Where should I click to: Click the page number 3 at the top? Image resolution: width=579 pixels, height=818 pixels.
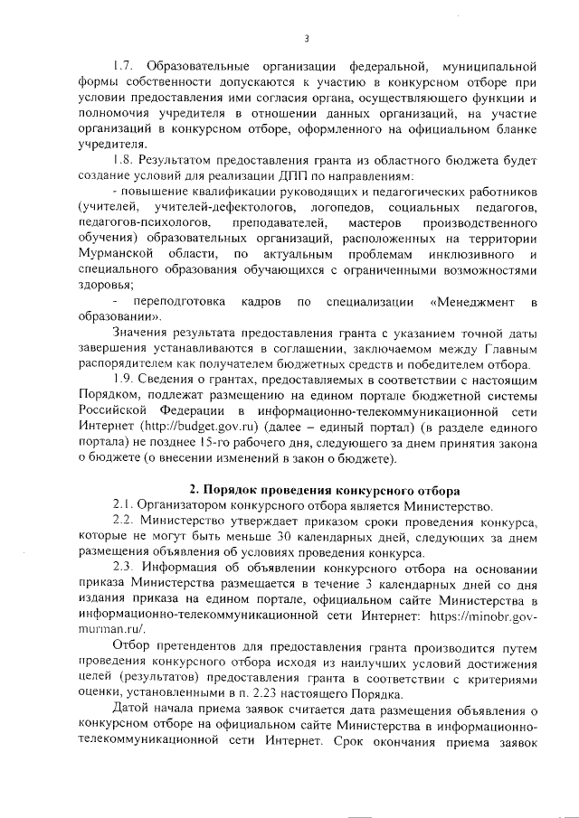(307, 38)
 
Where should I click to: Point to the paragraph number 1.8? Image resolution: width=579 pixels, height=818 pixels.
(122, 161)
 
